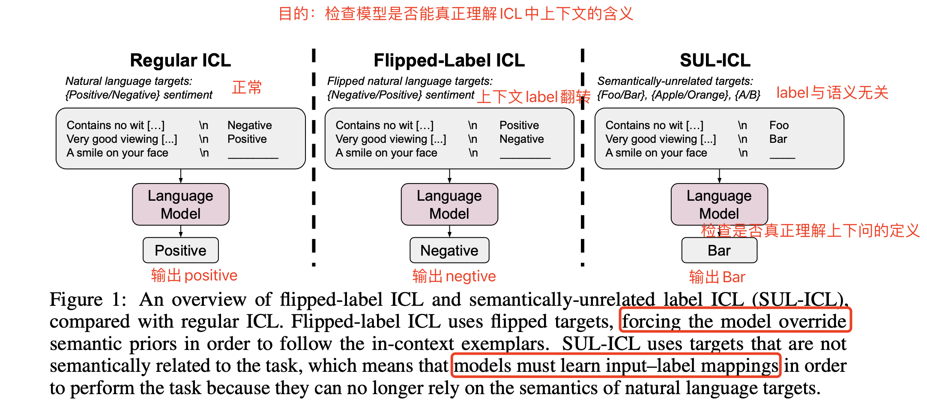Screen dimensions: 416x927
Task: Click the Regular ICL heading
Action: click(180, 60)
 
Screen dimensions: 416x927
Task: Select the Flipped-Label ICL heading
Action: click(449, 60)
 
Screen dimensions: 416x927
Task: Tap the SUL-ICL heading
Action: click(715, 60)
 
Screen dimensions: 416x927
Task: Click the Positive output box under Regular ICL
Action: click(180, 250)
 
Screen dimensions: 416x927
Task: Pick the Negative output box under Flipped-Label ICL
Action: click(449, 250)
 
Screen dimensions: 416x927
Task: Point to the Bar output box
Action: click(719, 250)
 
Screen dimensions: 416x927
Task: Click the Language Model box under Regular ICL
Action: click(180, 205)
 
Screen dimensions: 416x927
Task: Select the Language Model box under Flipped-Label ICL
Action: click(449, 205)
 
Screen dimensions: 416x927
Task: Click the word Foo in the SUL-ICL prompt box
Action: click(779, 125)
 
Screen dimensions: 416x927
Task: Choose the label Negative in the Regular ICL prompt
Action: click(249, 125)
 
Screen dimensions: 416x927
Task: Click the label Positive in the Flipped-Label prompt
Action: click(519, 125)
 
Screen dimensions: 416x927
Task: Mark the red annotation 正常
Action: click(247, 87)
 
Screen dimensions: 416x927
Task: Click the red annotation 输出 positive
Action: click(194, 275)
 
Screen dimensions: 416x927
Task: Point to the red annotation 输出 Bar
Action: click(717, 277)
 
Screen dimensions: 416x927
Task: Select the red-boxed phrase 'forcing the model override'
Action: click(735, 320)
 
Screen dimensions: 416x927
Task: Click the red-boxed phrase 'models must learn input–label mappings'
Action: click(616, 365)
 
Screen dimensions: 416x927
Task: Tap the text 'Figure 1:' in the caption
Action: click(88, 299)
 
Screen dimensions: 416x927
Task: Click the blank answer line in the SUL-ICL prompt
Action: click(782, 157)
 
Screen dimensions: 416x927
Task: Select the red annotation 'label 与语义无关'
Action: click(832, 93)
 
